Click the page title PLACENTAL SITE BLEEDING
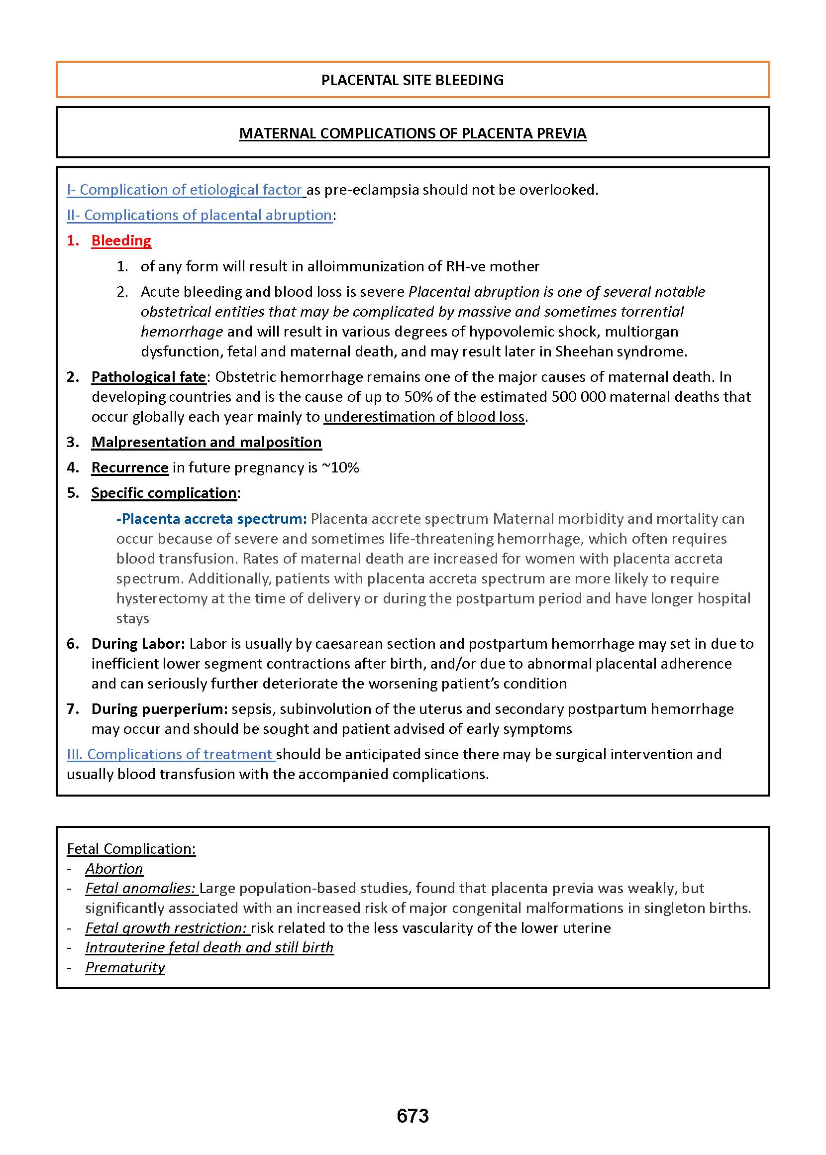[x=413, y=80]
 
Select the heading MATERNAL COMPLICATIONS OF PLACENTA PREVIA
[x=413, y=133]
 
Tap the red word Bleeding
[x=121, y=240]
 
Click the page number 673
[x=413, y=1116]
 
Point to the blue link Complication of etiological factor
[x=186, y=190]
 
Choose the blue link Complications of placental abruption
[x=200, y=215]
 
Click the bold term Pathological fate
[x=148, y=377]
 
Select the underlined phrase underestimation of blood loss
[x=424, y=417]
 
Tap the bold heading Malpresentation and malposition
[x=206, y=442]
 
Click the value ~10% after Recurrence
[x=340, y=467]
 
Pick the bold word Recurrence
[x=130, y=467]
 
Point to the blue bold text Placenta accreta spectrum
[x=211, y=519]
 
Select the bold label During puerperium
[x=159, y=709]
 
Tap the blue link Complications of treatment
[x=171, y=754]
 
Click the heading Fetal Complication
[x=131, y=849]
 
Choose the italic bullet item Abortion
[x=114, y=869]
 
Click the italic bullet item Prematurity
[x=125, y=967]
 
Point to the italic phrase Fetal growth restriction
[x=166, y=928]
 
